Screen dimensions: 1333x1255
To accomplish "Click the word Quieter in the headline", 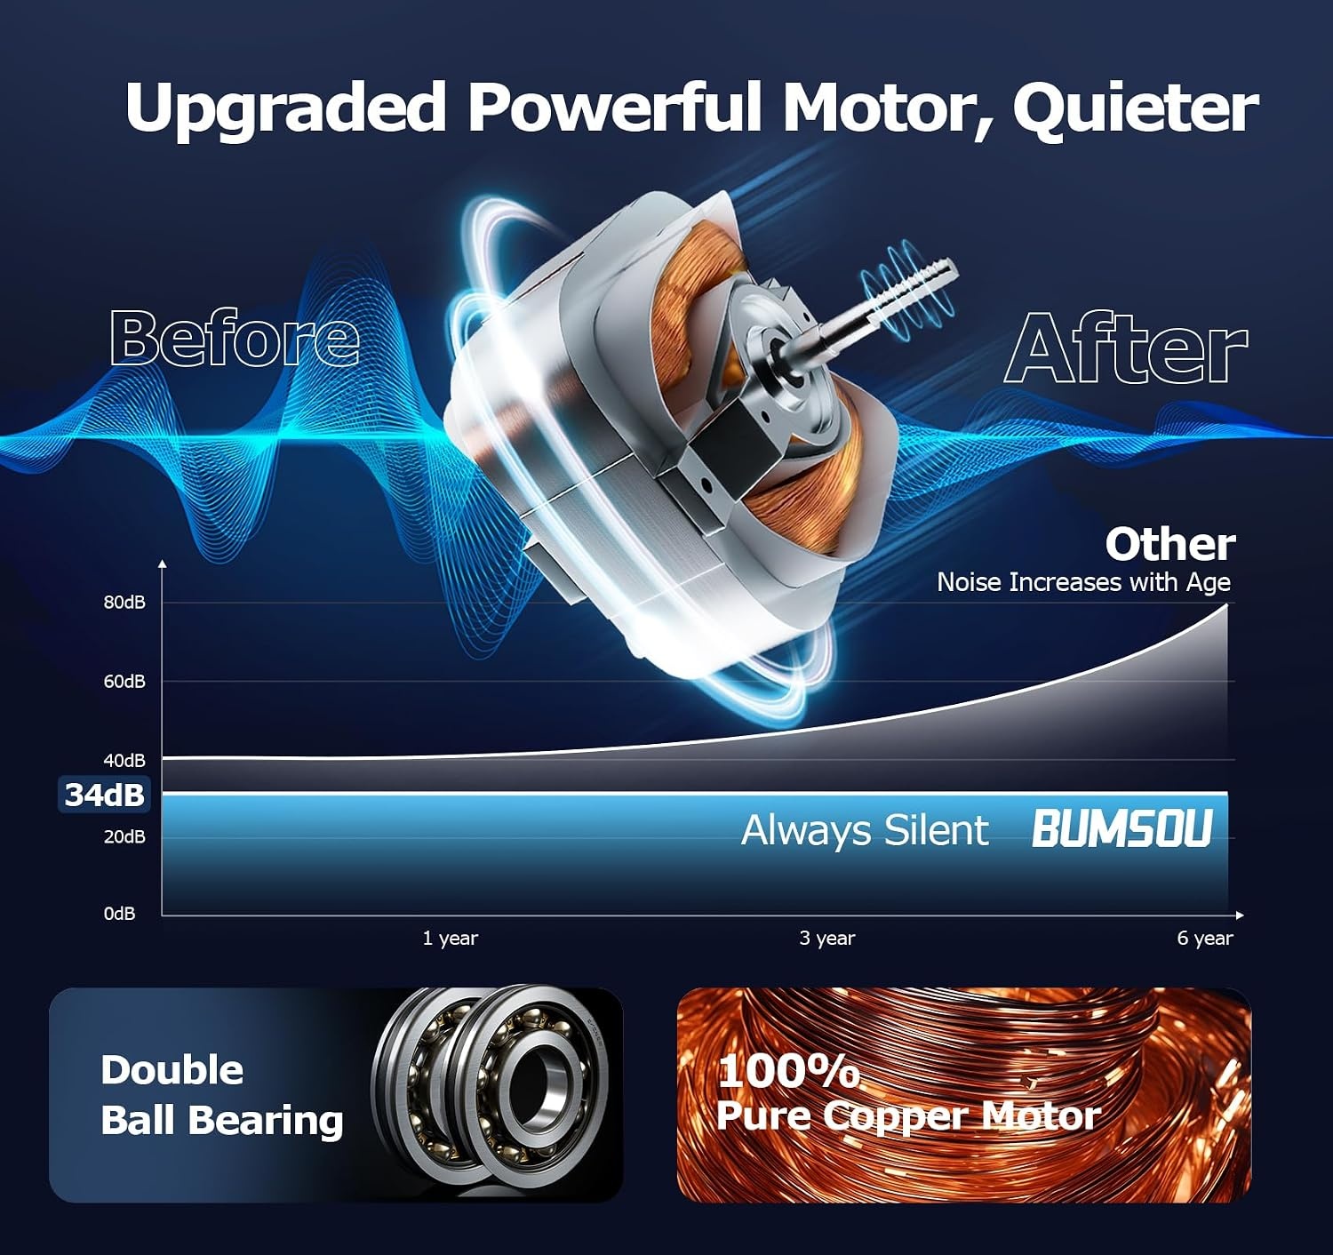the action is point(1135,108).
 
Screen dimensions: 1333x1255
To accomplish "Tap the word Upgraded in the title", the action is point(285,108).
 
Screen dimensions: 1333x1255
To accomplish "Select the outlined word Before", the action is point(235,338).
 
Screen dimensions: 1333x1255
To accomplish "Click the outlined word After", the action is point(1126,348).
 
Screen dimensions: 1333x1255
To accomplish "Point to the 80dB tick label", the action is point(124,603).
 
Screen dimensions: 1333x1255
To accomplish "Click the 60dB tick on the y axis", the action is point(124,682).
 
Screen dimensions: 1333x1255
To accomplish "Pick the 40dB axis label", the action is point(124,761).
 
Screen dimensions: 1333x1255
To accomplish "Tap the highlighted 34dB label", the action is point(104,795).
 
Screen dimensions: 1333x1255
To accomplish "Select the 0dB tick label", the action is point(119,914).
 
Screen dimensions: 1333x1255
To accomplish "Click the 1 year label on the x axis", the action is point(450,938).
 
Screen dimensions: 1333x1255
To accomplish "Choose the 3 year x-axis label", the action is point(827,938).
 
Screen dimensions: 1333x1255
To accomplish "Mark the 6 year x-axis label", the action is point(1205,938).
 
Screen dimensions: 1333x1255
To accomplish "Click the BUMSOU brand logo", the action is point(1122,829).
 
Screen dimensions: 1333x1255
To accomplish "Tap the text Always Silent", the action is point(865,831).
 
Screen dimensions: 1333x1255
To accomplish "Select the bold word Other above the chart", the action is point(1169,545).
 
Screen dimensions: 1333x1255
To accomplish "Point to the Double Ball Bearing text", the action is point(221,1095).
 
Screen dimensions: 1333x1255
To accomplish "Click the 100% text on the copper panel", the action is point(788,1071).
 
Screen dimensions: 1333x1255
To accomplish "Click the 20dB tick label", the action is point(124,836).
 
